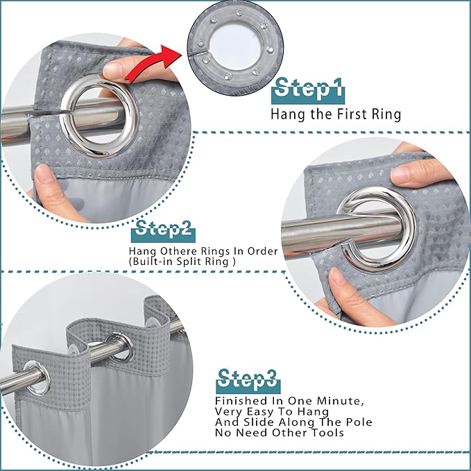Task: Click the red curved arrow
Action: click(x=152, y=64)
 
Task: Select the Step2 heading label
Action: click(x=164, y=231)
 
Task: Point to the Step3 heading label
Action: click(x=248, y=381)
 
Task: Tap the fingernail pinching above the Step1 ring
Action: click(x=112, y=70)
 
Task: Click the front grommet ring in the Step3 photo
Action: click(x=37, y=379)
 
